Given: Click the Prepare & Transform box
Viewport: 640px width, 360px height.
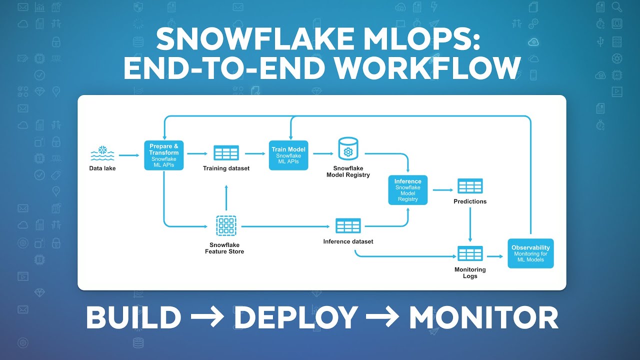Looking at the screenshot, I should coord(164,155).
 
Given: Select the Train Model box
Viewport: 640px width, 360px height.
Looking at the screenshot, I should coord(288,155).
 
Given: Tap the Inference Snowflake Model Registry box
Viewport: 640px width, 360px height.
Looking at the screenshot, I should coord(408,190).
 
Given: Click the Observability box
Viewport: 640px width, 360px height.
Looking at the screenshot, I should coord(530,253).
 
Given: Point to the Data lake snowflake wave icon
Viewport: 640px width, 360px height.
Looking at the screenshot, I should coord(102,153).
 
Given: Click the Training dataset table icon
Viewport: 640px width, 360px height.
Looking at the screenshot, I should coord(226,153).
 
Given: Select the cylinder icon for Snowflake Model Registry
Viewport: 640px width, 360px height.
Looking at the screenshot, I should coord(348,149).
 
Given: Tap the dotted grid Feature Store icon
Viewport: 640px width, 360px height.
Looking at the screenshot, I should coord(226,226).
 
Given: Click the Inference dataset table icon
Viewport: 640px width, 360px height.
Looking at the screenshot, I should coord(348,226).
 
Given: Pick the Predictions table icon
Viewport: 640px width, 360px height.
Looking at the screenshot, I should coord(470,186).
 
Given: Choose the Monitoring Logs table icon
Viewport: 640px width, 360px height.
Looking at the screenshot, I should coord(470,253).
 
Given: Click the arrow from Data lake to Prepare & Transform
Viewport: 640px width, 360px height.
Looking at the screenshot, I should coord(129,155).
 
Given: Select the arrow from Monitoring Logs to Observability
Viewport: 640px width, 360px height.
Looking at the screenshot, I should coord(494,256).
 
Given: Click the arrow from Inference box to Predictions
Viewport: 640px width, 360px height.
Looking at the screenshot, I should coord(442,190).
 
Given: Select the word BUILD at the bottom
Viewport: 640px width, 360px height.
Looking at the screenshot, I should coord(133,317).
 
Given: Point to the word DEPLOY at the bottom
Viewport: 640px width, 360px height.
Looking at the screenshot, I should coord(296,317).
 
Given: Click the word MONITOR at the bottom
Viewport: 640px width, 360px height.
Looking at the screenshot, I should coord(483,317).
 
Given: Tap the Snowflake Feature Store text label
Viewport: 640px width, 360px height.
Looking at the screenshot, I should coord(224,248).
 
